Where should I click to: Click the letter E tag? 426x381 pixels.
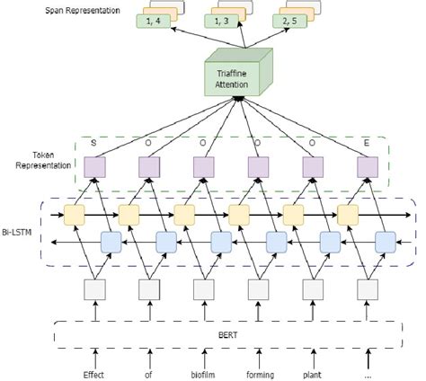(x=367, y=142)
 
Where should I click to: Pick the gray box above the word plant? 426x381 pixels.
(x=313, y=289)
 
